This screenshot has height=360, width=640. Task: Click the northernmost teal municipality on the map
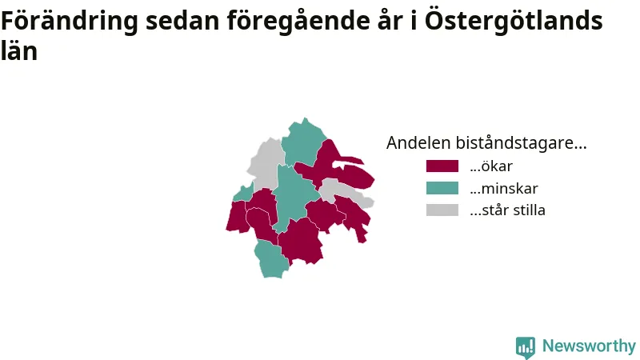coord(303,143)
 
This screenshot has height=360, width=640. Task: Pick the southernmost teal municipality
coord(271,259)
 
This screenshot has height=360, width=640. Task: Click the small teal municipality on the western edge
coord(244,193)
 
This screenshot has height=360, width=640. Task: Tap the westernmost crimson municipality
coord(237,216)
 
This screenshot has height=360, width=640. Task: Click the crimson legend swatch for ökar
coord(442,166)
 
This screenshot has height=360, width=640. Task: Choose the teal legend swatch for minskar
coord(442,188)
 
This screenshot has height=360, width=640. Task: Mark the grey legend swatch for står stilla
coord(442,210)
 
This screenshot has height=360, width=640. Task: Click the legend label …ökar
coord(491,166)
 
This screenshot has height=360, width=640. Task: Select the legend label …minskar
coord(504,188)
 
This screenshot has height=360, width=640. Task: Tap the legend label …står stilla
coord(507,210)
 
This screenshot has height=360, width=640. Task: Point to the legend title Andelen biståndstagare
coord(486,143)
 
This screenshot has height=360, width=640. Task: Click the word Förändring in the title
coord(70,21)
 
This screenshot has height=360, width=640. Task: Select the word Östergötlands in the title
coord(514,21)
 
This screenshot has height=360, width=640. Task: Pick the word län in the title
coord(19,50)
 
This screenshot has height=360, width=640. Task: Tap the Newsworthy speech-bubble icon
coord(526,347)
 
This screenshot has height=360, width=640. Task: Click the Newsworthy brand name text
coord(589,346)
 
